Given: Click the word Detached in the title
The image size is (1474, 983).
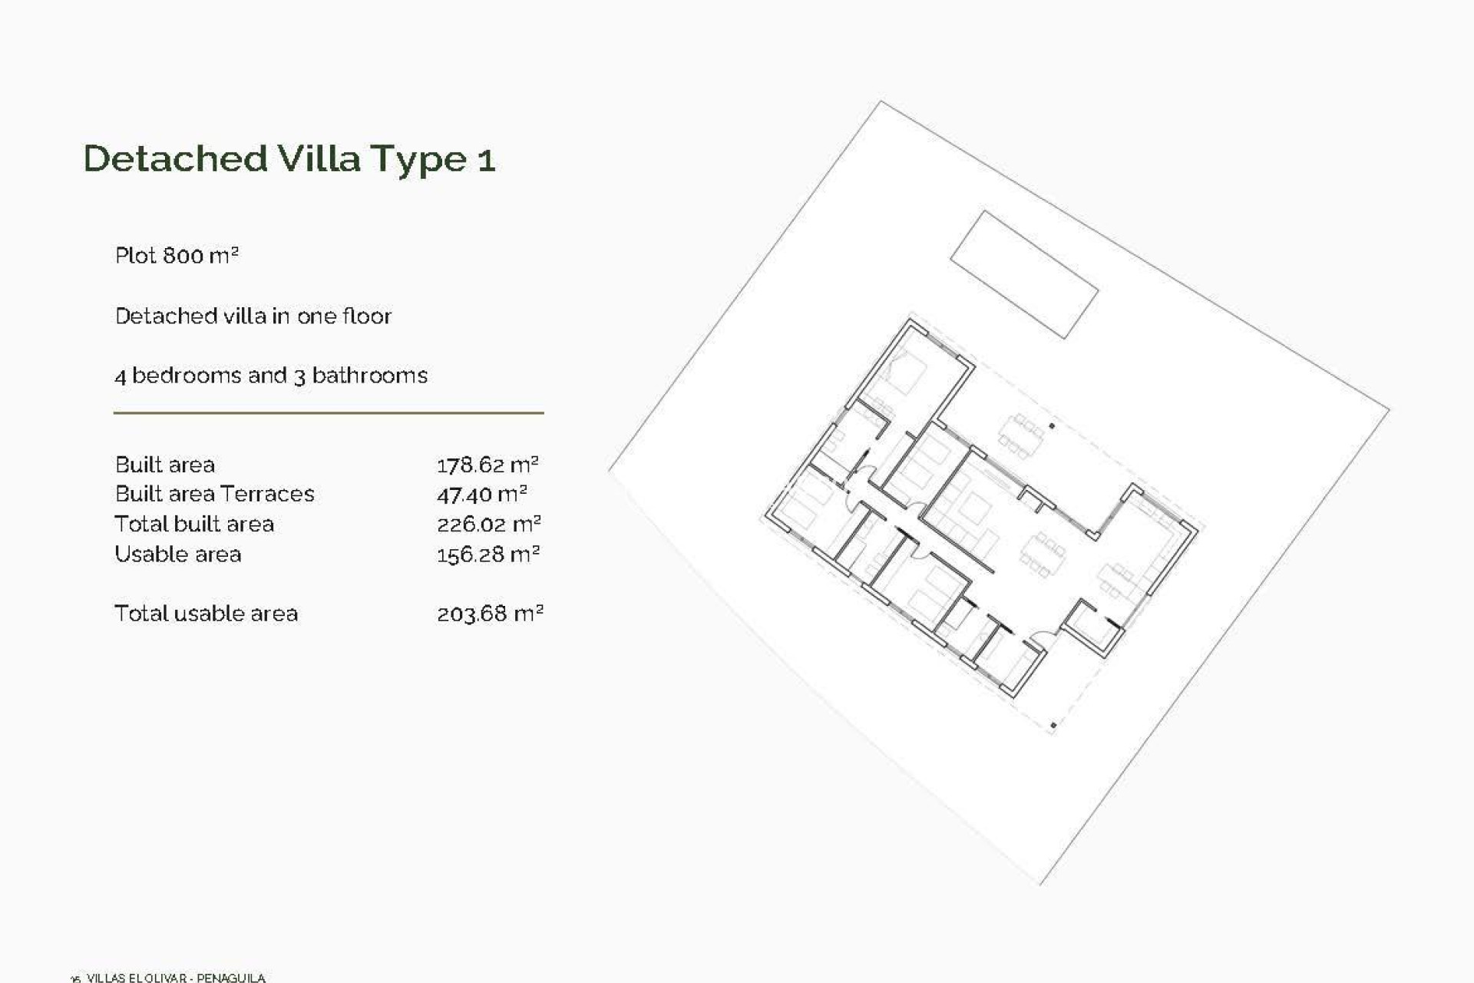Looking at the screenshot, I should coord(175,159).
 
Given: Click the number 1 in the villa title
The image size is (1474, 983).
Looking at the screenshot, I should coord(486,161).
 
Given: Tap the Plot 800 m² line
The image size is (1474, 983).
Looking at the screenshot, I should coord(177,256).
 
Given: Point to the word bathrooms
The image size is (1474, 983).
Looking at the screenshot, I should coord(369,376).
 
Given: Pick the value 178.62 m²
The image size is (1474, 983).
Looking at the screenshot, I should coord(487,465).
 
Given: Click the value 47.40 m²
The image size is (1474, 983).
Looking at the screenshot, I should coord(481,495).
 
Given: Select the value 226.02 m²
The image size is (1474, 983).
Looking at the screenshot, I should coord(488,525).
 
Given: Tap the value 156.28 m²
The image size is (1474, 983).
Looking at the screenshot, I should coord(488,554).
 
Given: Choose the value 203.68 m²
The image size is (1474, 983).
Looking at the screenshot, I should coord(490,614).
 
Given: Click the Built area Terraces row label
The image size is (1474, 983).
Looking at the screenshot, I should coord(214,494).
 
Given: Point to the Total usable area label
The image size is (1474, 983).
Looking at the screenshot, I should coord(206,614).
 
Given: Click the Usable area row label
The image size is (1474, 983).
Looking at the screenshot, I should coord(177,554).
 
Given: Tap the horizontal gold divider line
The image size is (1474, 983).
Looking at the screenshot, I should coord(329,413).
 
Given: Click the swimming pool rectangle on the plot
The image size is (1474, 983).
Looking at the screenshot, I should coord(1024,274).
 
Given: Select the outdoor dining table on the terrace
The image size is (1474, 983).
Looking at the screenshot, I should coord(1021,435).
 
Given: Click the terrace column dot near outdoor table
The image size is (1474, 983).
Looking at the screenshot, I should coord(1052,425).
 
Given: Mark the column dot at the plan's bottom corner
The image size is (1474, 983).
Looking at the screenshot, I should coord(1053,725).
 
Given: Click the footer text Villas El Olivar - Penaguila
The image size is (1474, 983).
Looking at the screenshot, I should coord(176,978).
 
